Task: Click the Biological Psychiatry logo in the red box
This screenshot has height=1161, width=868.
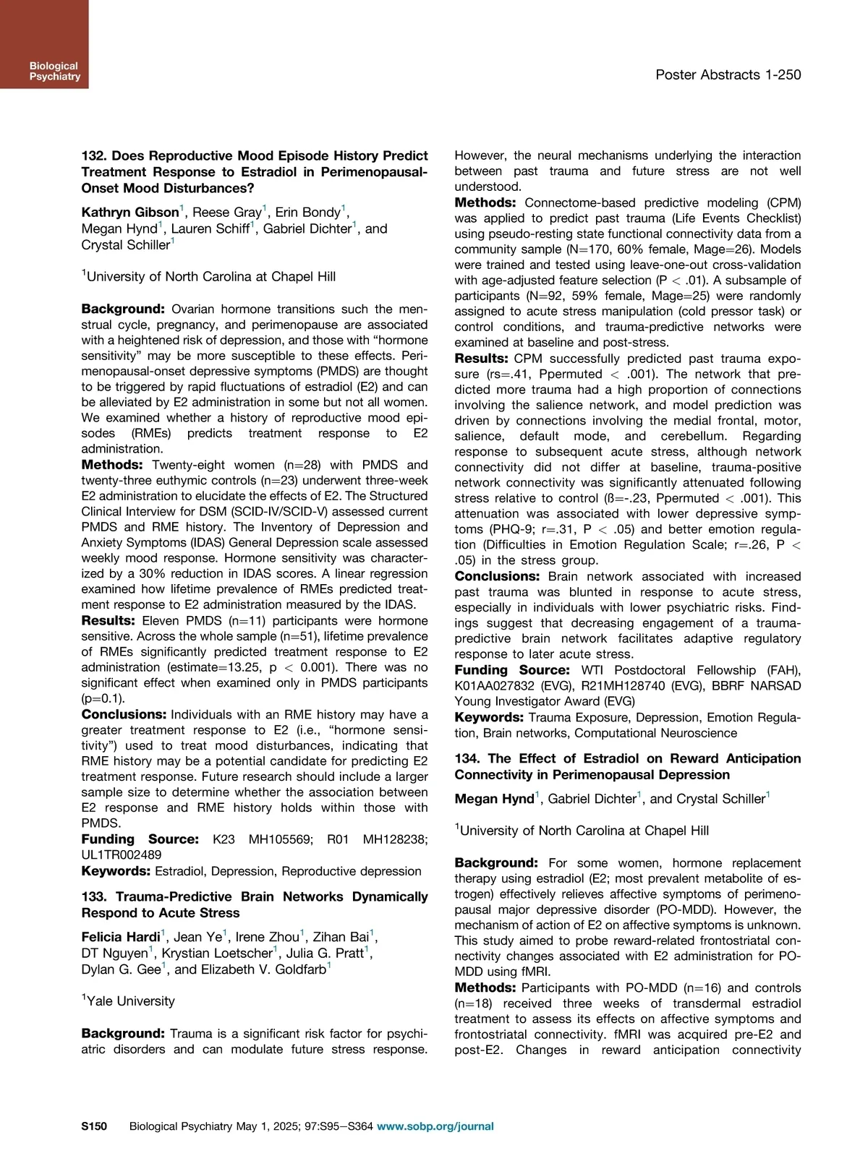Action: (x=54, y=71)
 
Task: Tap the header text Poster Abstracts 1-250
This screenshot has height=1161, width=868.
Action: (x=728, y=74)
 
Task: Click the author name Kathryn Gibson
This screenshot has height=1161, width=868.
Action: (x=129, y=213)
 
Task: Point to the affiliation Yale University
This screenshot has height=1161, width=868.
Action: (x=130, y=1001)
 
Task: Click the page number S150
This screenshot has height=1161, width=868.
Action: (x=94, y=1126)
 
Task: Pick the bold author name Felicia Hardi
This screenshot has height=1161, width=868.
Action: (x=120, y=938)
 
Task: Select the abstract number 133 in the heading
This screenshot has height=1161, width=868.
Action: (x=93, y=897)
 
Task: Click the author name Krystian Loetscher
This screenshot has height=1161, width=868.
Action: (x=216, y=954)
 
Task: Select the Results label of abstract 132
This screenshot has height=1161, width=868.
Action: (x=108, y=620)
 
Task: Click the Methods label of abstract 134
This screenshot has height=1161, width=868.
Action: (x=485, y=988)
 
